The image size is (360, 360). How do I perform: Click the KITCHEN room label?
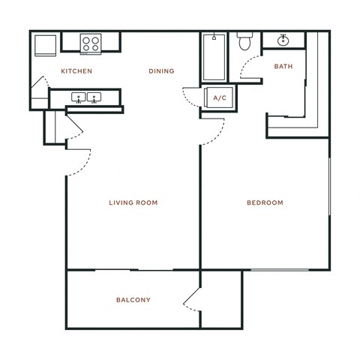(76, 71)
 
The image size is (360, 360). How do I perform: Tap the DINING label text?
(161, 71)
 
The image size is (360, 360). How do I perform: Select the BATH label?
(283, 67)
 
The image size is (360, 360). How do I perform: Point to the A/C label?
(220, 98)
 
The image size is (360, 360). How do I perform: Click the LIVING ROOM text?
(133, 202)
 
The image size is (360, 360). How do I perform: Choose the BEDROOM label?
(265, 202)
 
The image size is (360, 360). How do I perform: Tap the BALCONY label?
(133, 300)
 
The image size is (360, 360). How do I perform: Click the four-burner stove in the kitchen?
(92, 43)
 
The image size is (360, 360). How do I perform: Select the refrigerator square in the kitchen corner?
(43, 46)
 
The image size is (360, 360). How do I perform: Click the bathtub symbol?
(214, 57)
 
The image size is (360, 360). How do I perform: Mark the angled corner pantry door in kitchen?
(38, 97)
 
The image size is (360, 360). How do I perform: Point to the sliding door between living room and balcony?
(133, 268)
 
